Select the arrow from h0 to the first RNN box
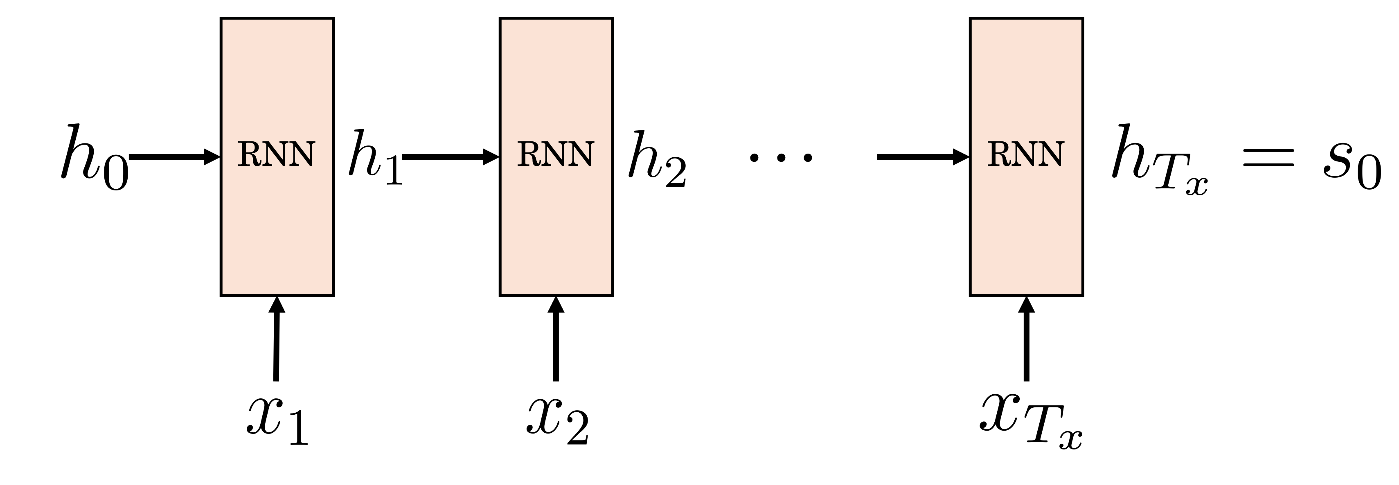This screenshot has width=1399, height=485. coord(174,157)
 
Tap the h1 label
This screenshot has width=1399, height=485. coord(375,157)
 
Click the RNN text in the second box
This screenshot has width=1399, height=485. coord(556,155)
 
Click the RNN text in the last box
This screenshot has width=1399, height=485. coord(1025,155)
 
